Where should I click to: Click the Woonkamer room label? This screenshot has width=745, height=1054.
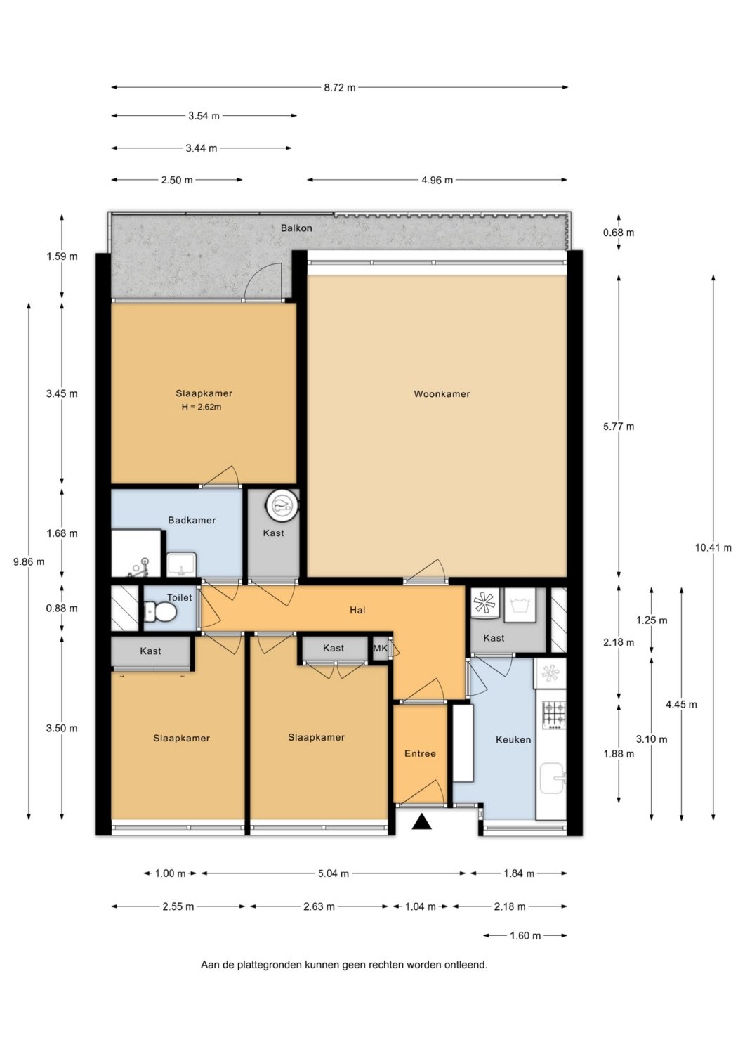point(442,394)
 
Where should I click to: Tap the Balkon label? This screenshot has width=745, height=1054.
point(296,228)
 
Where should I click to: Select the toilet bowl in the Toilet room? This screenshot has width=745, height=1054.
point(160,613)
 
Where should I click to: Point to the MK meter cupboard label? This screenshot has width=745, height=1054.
point(380,649)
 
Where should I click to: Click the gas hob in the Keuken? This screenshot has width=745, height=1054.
point(555,715)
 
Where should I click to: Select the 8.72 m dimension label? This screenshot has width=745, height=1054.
point(340,88)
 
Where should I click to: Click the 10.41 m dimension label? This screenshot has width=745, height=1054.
point(713,547)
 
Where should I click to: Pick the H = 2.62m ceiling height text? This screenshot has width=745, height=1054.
point(202,407)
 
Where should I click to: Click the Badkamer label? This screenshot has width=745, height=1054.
point(192,521)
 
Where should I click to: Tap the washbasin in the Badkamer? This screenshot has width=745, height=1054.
point(182,564)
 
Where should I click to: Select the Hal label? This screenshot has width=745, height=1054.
point(357,611)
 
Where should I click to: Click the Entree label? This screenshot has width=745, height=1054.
point(420,754)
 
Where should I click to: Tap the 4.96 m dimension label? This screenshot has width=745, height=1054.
point(437,180)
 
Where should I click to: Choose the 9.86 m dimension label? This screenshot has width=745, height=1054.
point(29,561)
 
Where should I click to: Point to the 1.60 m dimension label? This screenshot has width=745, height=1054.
point(525,947)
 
